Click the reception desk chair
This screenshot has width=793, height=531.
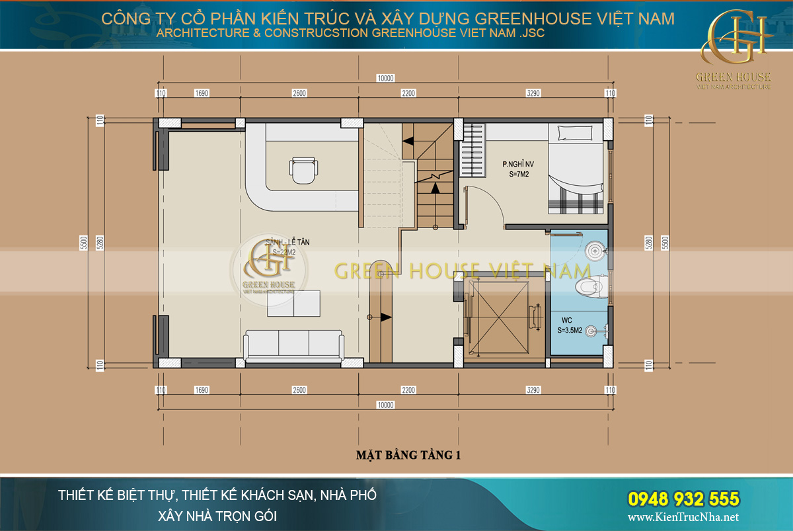pos(303,171)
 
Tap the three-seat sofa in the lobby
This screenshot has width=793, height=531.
pos(294,344)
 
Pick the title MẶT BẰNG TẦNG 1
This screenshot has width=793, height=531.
pos(408,455)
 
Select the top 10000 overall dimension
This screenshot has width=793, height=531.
pos(385,78)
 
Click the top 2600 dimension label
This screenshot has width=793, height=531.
pos(299,93)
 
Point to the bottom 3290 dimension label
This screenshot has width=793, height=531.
pos(533,390)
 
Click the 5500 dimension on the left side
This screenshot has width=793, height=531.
pos(84,243)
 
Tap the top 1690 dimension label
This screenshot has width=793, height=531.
pos(202,93)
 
